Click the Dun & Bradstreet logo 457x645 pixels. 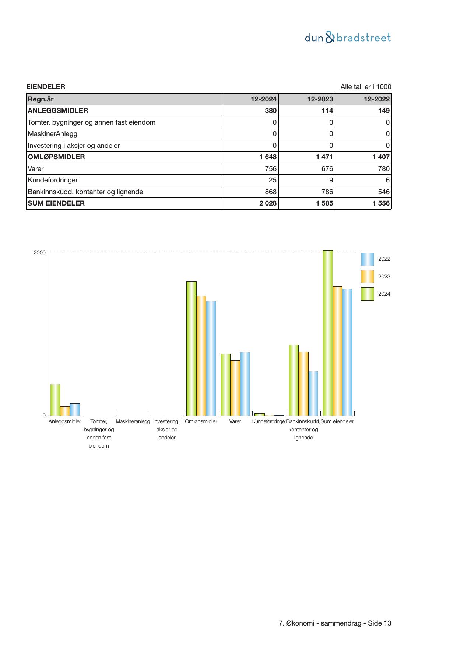348,38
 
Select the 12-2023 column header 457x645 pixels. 320,99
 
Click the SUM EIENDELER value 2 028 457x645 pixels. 268,203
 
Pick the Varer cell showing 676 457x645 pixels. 327,169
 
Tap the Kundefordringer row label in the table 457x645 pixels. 53,180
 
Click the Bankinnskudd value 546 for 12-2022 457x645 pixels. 384,192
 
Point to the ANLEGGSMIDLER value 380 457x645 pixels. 271,111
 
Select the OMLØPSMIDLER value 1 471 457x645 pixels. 324,157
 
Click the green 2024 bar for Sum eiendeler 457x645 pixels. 327,333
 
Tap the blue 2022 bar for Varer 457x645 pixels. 245,384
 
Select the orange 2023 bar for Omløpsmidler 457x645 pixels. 201,355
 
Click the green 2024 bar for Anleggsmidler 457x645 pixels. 55,400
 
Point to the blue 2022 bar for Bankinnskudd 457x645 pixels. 313,393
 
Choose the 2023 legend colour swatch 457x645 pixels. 367,277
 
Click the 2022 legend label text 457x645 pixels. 384,259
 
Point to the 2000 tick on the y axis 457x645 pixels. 39,253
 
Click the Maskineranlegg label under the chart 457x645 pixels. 133,421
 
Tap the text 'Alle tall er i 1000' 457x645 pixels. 366,87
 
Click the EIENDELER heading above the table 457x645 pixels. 46,87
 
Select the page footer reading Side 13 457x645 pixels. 335,623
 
